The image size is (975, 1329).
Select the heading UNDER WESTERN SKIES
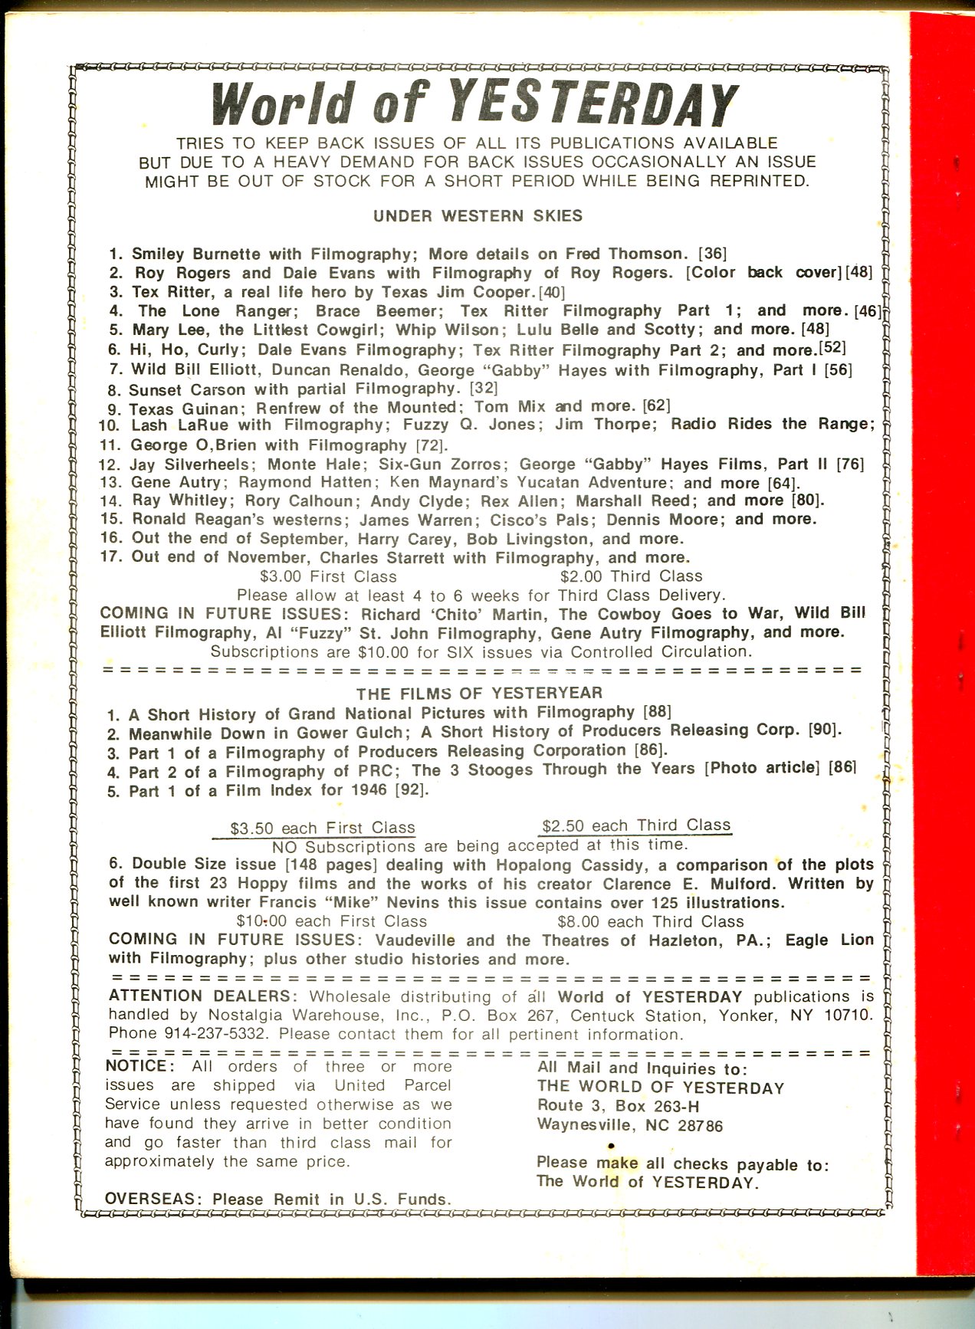pos(478,216)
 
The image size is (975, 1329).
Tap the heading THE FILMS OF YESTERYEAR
pos(479,694)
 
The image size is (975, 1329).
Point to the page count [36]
pos(712,253)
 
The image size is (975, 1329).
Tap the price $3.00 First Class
pos(328,576)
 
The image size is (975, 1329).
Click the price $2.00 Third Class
pos(631,576)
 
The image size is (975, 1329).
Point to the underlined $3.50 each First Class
pos(323,829)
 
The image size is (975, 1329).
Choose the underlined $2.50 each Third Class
pos(635,825)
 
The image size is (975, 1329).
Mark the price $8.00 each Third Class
pos(651,921)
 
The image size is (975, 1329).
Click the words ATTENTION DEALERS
pos(199,996)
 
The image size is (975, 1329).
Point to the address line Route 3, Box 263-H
pos(618,1107)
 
